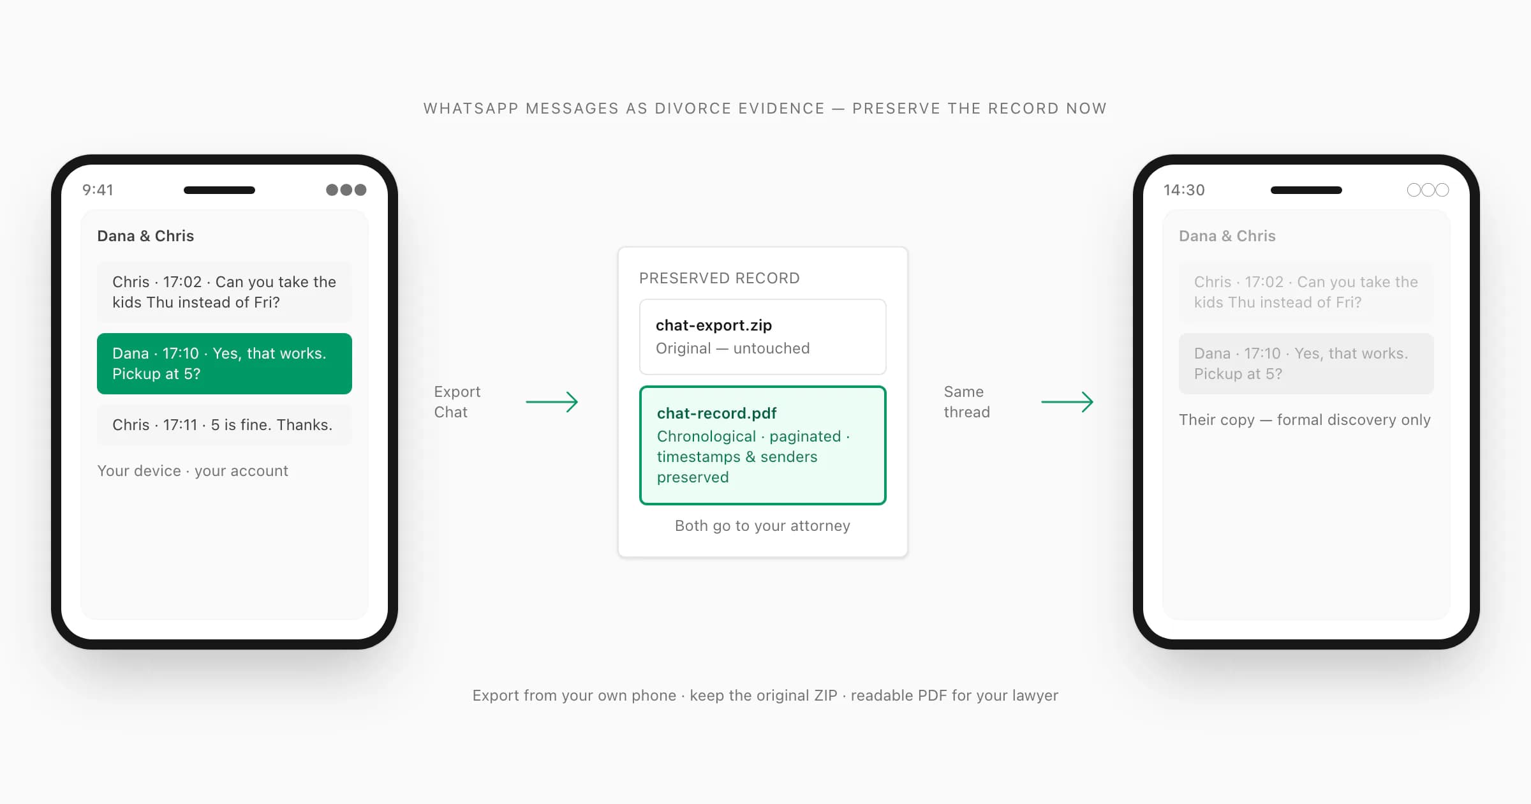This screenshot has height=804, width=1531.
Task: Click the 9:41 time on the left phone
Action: click(x=98, y=190)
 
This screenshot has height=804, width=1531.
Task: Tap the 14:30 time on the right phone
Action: click(x=1184, y=190)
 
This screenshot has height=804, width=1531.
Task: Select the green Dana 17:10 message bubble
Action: click(x=225, y=364)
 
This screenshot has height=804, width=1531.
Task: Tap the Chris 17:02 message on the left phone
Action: click(x=225, y=292)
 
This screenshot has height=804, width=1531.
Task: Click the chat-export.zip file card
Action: click(x=763, y=337)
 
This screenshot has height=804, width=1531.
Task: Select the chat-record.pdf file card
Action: click(x=763, y=445)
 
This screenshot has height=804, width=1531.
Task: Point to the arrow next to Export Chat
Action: click(x=552, y=402)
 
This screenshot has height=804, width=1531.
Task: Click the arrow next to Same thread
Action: click(x=1067, y=402)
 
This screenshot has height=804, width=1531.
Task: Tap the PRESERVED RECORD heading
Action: click(x=720, y=278)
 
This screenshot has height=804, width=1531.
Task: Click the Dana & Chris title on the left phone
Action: click(x=145, y=236)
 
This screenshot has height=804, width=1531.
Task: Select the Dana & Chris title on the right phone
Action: click(x=1227, y=236)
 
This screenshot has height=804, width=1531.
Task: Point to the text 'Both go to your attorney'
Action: click(x=763, y=526)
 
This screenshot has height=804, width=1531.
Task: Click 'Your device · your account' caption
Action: click(x=193, y=471)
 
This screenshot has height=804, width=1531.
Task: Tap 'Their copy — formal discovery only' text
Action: click(x=1305, y=420)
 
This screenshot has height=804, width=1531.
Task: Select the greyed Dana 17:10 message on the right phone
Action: click(x=1306, y=364)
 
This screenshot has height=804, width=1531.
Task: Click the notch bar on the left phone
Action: click(x=219, y=190)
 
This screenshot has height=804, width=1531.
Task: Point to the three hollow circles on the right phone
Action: click(x=1428, y=190)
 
